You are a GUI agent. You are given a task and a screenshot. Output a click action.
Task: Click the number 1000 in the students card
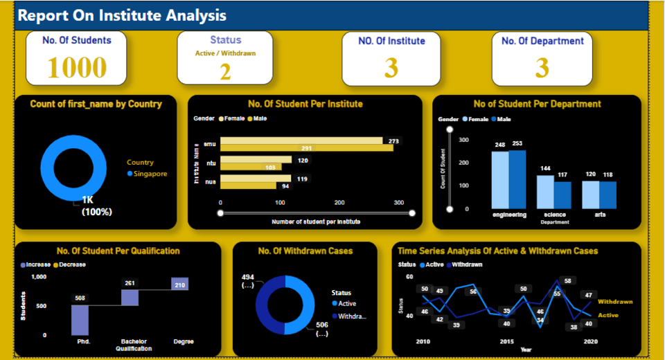tap(77, 67)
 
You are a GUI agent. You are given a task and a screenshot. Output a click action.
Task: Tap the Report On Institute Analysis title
tap(121, 15)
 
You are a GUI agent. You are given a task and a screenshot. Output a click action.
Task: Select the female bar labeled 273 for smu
tap(301, 141)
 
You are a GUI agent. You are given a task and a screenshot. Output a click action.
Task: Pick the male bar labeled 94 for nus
tap(249, 186)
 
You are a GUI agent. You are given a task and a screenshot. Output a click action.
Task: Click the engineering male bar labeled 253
tap(517, 179)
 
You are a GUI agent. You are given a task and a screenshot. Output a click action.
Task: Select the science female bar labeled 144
tap(545, 192)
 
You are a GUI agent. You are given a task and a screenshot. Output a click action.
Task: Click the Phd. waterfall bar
tap(80, 320)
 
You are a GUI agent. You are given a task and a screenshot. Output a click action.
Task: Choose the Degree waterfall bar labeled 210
tap(180, 283)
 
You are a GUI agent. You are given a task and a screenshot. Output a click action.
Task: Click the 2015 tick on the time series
tap(506, 341)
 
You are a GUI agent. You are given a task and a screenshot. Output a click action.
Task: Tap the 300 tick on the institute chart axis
tap(398, 203)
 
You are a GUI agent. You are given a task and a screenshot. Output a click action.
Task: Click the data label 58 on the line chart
tap(567, 281)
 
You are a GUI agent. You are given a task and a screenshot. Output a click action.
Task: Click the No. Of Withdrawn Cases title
tap(305, 251)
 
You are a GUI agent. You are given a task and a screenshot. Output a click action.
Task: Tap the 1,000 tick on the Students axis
tap(39, 276)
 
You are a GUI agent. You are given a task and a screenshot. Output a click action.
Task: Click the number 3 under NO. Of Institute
tap(391, 68)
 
